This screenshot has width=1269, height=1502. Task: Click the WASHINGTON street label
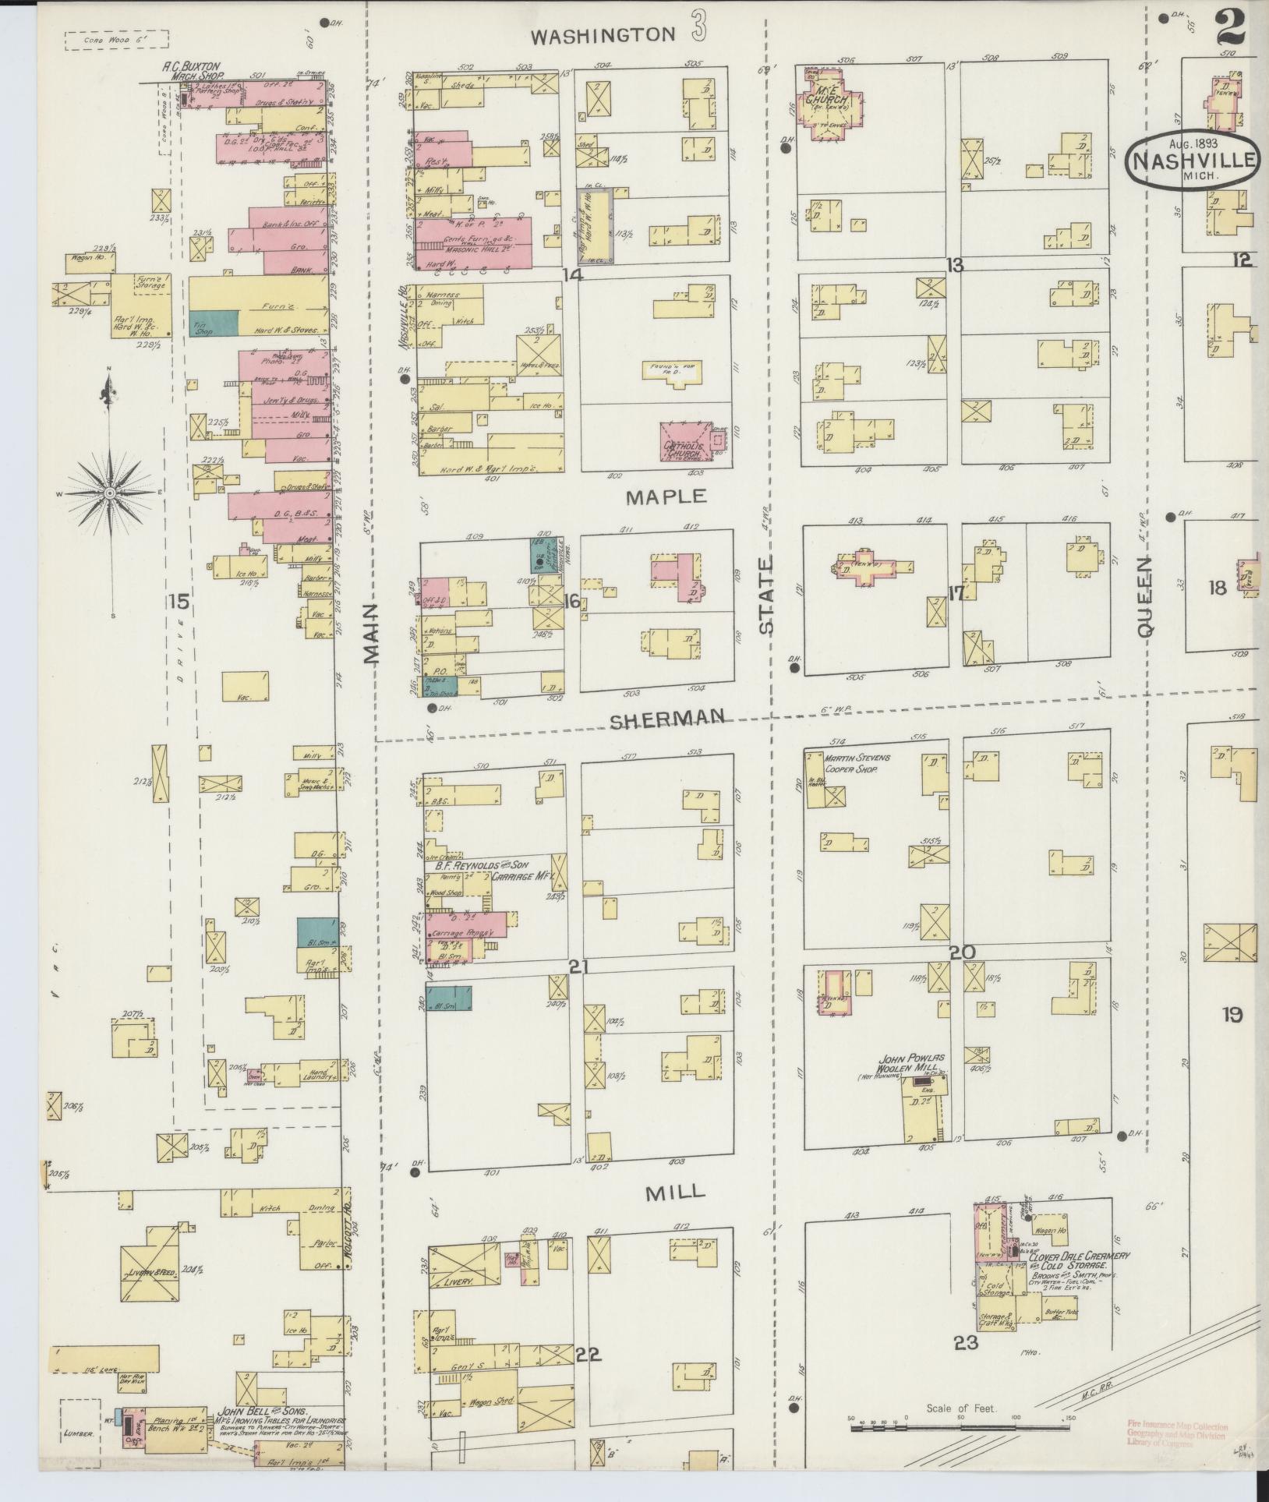[x=604, y=34]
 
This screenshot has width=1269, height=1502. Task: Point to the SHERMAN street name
[x=667, y=718]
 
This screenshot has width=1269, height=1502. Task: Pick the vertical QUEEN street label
[x=1144, y=598]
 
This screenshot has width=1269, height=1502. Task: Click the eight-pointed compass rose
[x=110, y=494]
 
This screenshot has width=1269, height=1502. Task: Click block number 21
[x=578, y=967]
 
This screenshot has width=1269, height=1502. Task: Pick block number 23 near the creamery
[x=965, y=1342]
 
